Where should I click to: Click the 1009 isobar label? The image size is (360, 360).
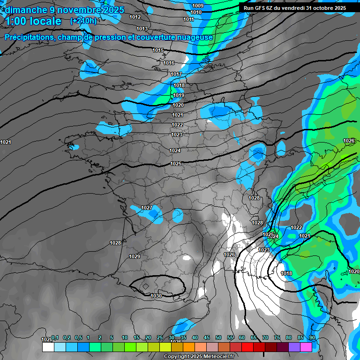coord(198,6)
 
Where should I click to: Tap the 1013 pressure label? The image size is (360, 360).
coord(142,29)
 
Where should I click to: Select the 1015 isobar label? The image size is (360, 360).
coord(158,50)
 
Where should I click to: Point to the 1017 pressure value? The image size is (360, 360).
coord(176,74)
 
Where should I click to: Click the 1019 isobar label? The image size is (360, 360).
coord(178,95)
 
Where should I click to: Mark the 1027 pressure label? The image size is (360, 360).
coord(147,208)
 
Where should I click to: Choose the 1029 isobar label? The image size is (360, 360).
coord(135,256)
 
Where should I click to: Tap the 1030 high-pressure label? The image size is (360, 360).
coord(156,296)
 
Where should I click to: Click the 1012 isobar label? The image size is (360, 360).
coord(135,17)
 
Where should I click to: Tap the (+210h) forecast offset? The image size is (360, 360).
coord(83,21)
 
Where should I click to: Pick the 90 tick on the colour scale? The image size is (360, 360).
coord(312,338)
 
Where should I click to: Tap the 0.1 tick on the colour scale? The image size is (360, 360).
coord(55,338)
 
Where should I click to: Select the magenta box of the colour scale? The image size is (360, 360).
coord(306,347)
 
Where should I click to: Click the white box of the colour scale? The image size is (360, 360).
coord(48,347)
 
